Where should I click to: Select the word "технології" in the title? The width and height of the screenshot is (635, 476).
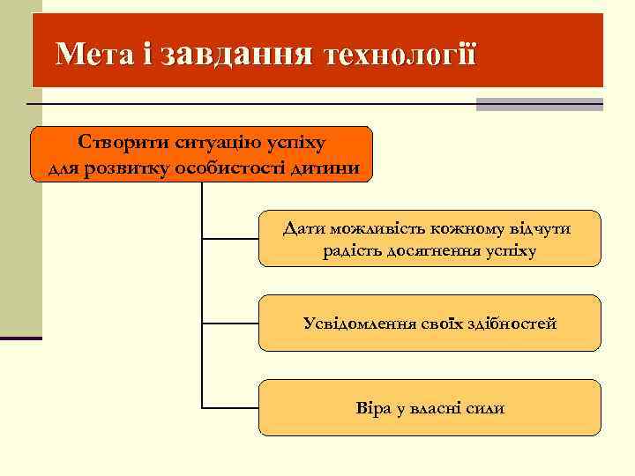click(401, 55)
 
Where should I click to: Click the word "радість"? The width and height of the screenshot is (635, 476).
click(354, 251)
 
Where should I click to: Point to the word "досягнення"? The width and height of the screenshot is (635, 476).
click(434, 251)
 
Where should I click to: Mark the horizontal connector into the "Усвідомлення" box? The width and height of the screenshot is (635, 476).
click(230, 324)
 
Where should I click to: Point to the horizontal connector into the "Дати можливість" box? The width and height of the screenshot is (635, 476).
click(230, 238)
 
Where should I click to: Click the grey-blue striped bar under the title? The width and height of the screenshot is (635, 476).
click(539, 104)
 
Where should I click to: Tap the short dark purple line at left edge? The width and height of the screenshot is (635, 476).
click(20, 338)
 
